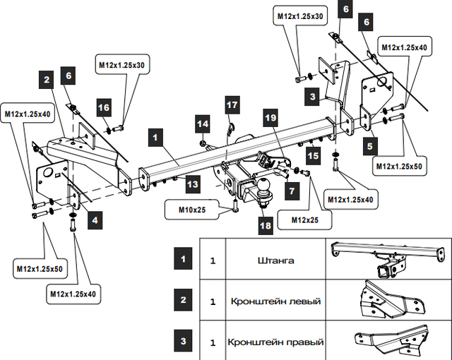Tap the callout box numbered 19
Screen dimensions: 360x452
point(271,119)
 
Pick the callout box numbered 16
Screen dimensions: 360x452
point(103,107)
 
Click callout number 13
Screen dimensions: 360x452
point(193,184)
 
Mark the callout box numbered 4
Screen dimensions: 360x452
point(95,220)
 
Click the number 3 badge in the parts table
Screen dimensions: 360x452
point(183,342)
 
